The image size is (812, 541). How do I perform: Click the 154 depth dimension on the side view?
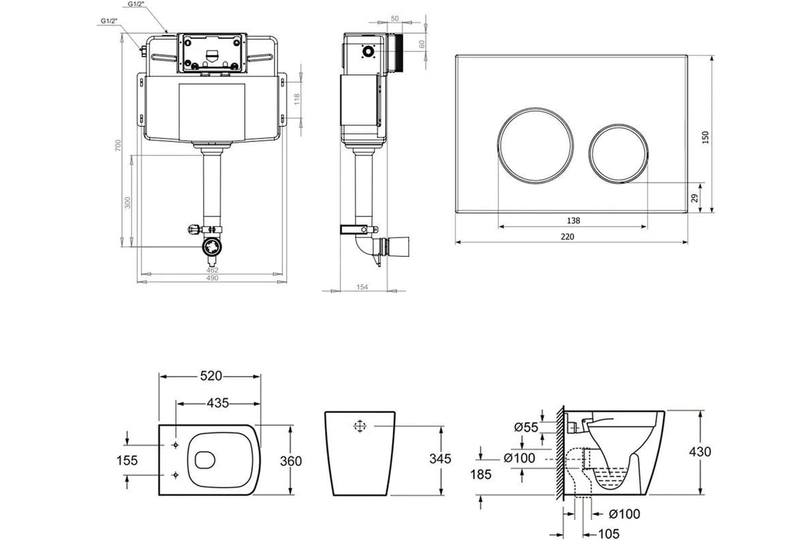[362, 287]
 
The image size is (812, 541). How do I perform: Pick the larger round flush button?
[537, 144]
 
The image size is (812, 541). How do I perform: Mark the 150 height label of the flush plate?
[706, 137]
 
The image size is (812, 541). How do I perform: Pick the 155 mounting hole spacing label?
[127, 461]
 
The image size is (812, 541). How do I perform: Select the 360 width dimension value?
[290, 461]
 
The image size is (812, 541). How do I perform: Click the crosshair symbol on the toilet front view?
[359, 426]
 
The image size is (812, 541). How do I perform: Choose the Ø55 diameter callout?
[526, 427]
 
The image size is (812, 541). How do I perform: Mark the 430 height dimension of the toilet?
[699, 452]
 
